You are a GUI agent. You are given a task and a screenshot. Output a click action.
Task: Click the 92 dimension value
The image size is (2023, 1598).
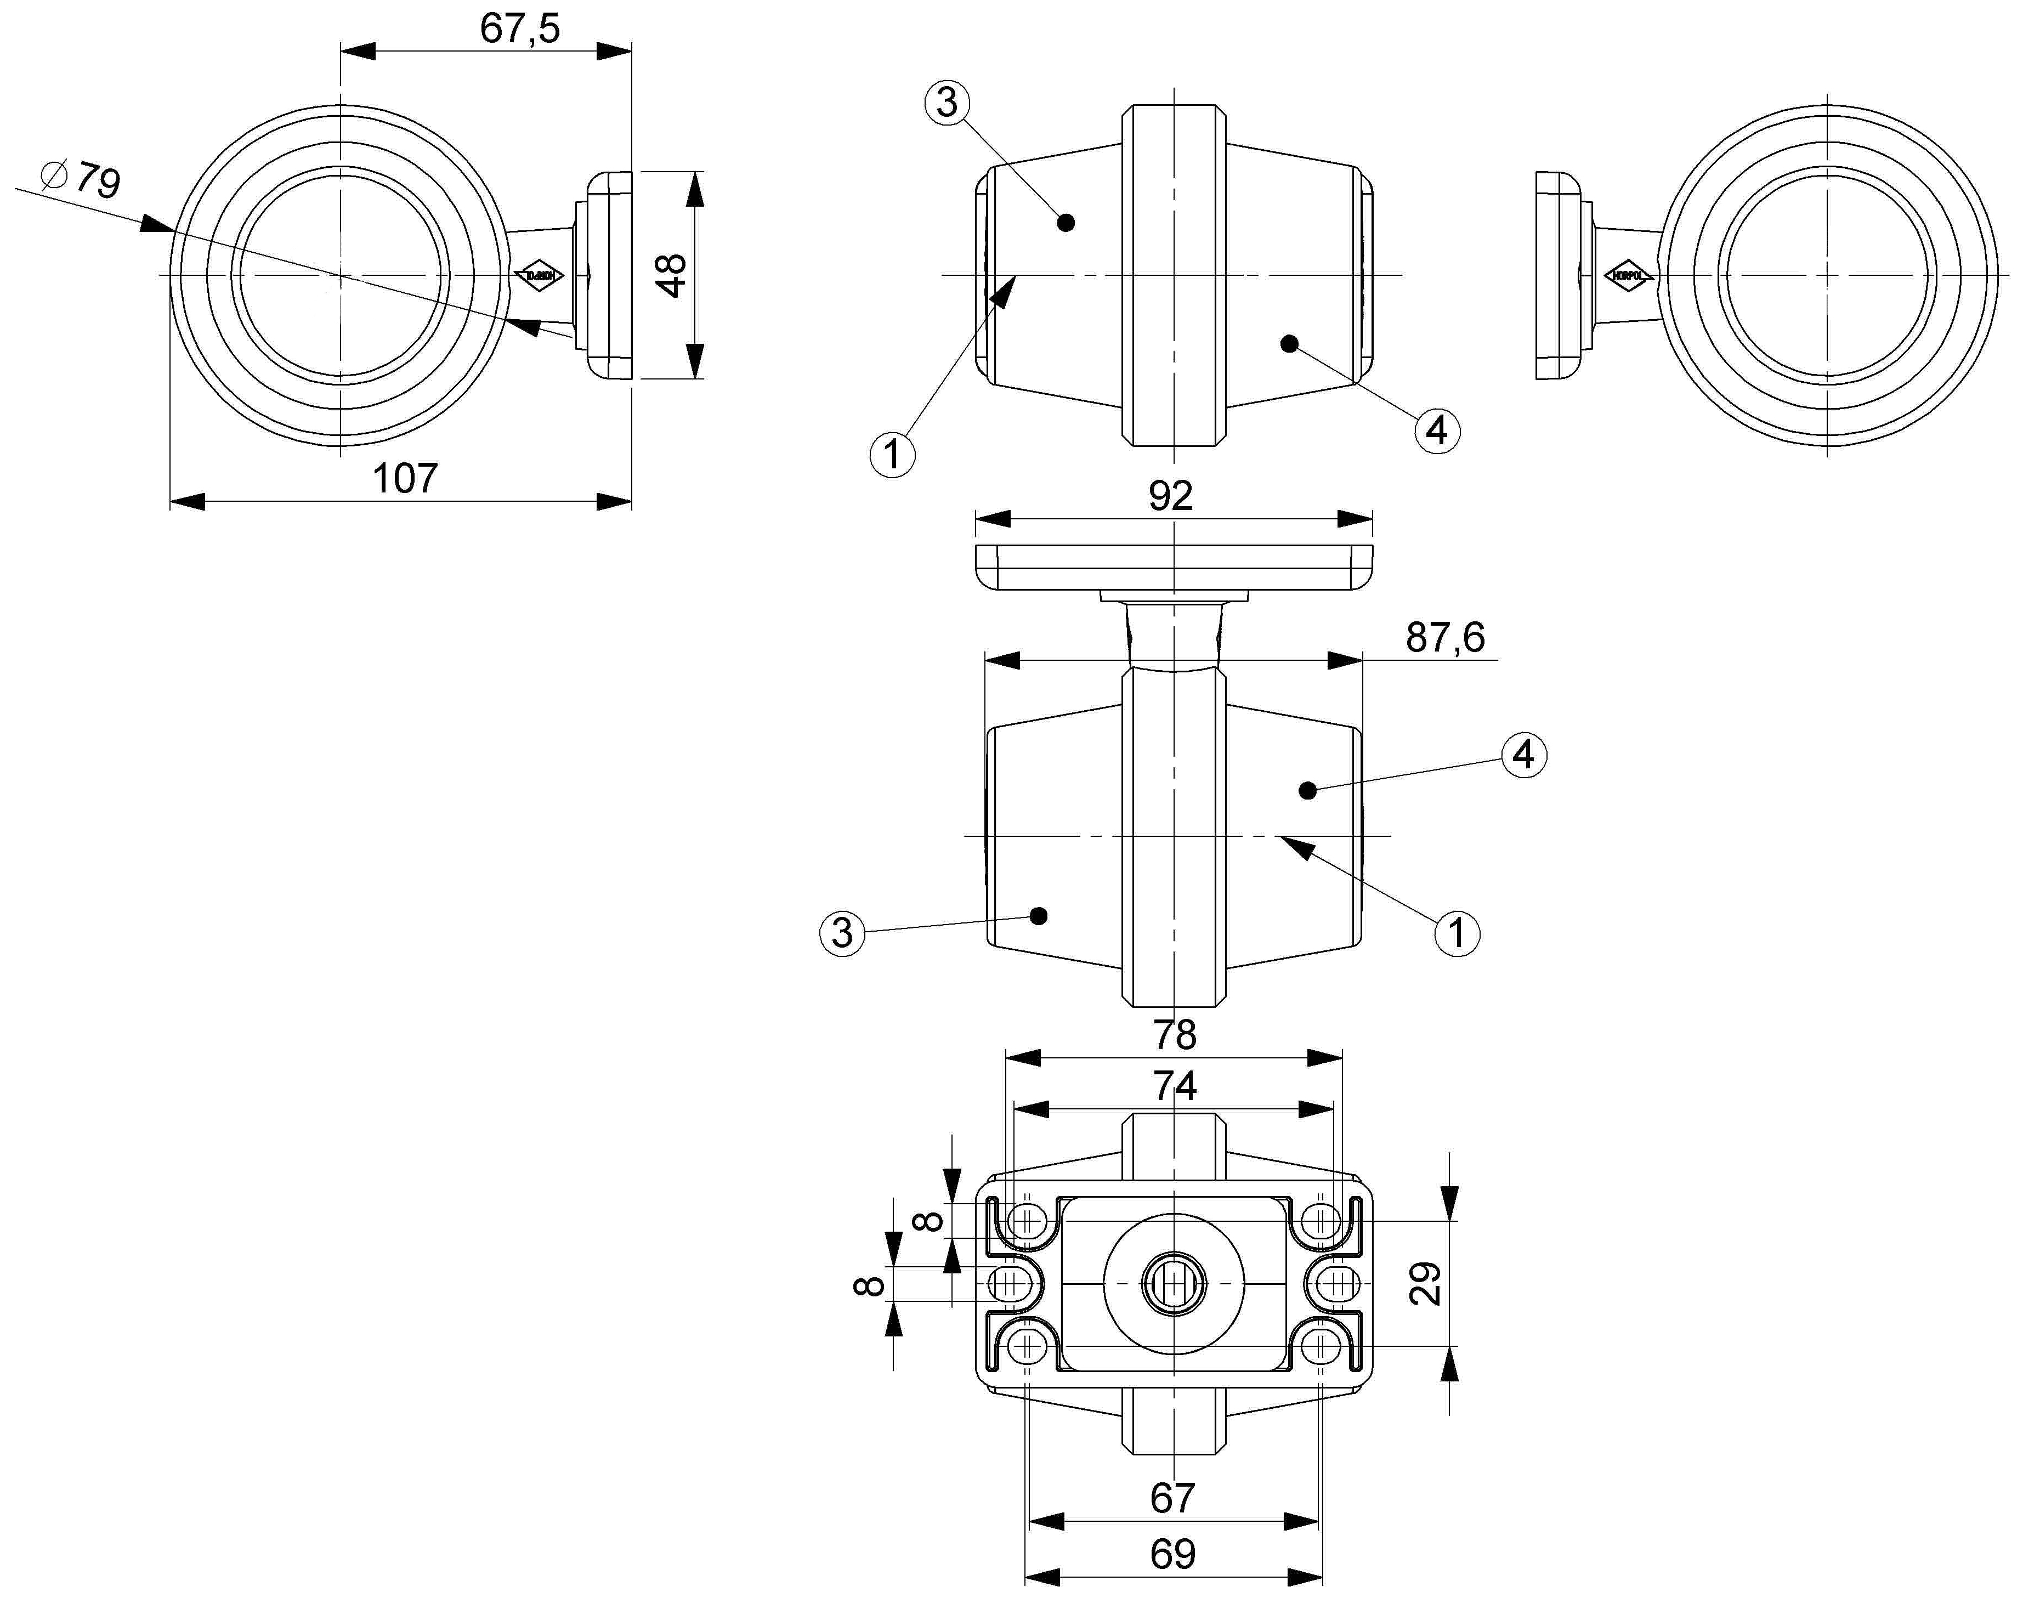[1171, 496]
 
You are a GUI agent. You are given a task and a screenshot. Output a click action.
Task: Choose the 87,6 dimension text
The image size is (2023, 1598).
[1445, 637]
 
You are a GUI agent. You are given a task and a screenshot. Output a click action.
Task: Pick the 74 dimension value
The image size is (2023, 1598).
[1174, 1086]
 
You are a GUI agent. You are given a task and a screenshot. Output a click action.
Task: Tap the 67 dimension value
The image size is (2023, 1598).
[1172, 1498]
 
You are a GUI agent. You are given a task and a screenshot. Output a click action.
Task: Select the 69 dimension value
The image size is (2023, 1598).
[1172, 1554]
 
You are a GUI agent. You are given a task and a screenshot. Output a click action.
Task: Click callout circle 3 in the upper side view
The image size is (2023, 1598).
[947, 102]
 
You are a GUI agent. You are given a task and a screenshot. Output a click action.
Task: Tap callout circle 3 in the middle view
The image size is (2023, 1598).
[842, 933]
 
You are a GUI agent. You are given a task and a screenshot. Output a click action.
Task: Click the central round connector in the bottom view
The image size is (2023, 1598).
[1174, 1284]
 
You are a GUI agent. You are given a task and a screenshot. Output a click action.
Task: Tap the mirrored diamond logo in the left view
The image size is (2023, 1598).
[540, 276]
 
